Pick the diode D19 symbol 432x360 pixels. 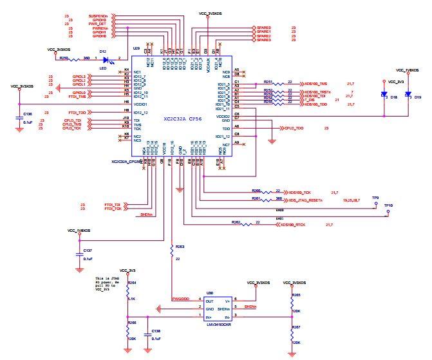(408, 95)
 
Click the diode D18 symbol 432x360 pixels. (384, 95)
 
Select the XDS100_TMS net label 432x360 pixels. (315, 84)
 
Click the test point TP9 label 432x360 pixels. (375, 198)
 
